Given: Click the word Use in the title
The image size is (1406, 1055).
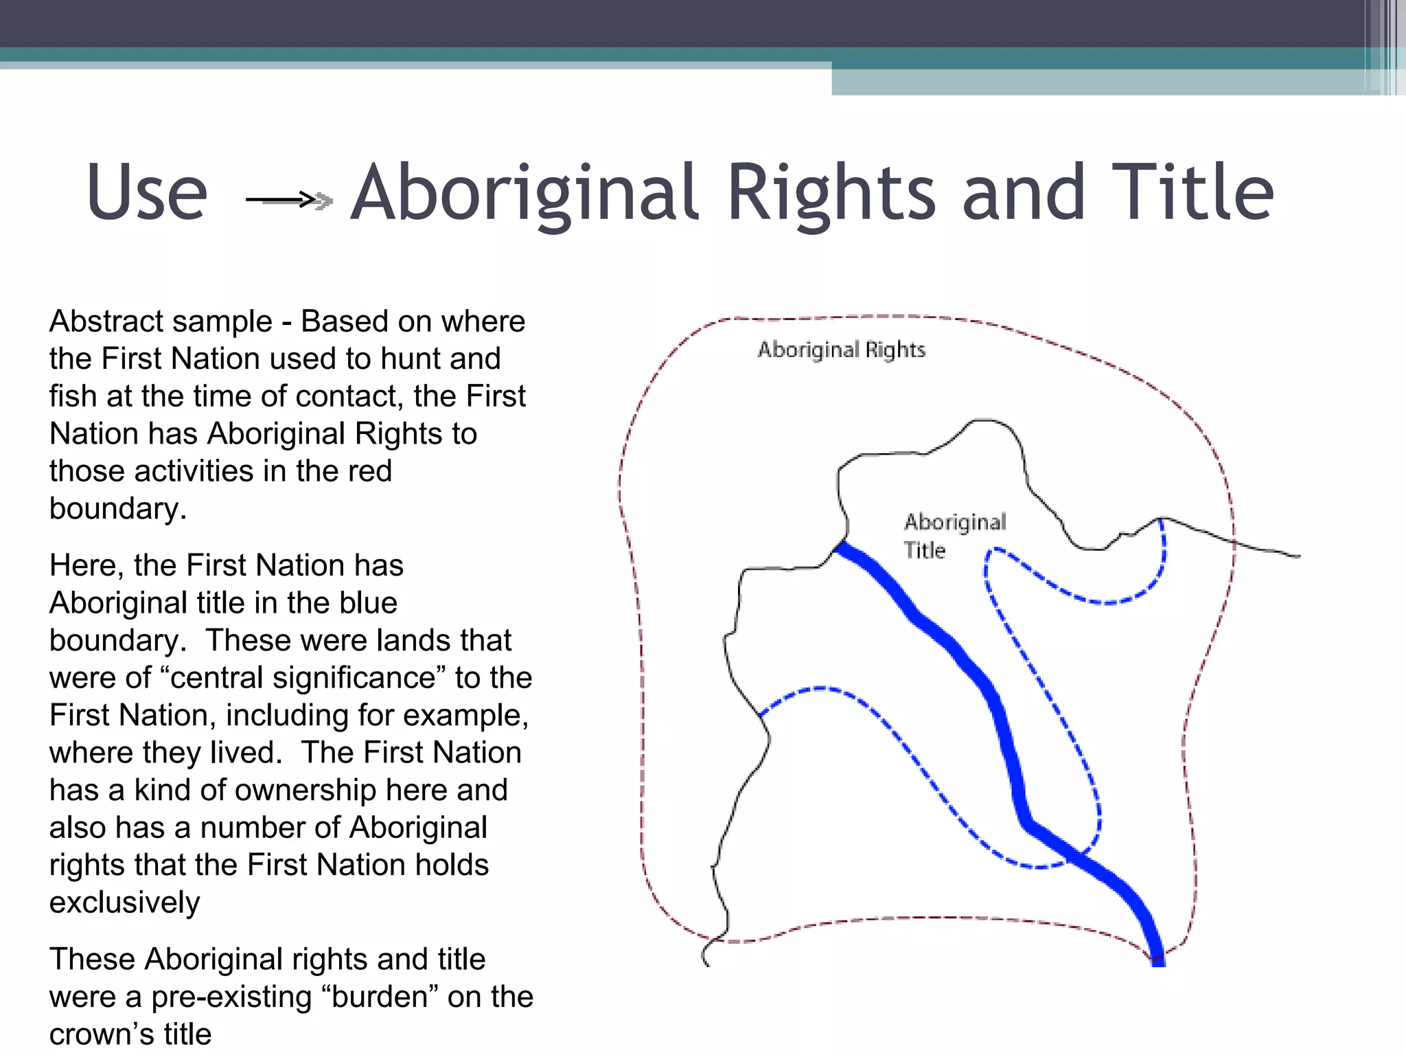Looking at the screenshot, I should coord(147,193).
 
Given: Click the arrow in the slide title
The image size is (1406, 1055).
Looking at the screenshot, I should coord(289,200).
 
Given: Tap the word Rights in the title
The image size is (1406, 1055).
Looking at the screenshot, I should coord(831,194).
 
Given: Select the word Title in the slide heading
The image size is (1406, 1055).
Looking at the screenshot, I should coord(1192,193).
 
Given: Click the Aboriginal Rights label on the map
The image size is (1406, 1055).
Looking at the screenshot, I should coord(841,350).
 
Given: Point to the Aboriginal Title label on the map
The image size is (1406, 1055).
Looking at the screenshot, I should coord(954,535).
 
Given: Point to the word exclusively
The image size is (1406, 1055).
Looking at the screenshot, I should coord(124,903).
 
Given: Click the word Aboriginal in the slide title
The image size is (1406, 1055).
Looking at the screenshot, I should coord(525,194).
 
